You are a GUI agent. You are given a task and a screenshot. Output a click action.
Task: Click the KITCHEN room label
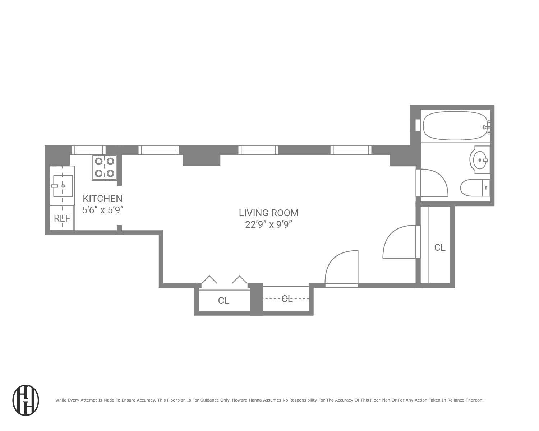pyautogui.click(x=102, y=198)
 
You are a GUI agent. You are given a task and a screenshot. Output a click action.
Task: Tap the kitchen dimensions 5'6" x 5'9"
pyautogui.click(x=103, y=210)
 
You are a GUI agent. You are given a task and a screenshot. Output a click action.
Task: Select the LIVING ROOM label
pyautogui.click(x=268, y=213)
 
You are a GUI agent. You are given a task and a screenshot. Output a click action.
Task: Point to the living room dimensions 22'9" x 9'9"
pyautogui.click(x=268, y=224)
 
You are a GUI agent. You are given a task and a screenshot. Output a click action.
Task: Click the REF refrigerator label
pyautogui.click(x=62, y=218)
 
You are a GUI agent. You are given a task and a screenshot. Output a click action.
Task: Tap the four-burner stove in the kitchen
pyautogui.click(x=104, y=167)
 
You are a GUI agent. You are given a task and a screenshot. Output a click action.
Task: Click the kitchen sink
pyautogui.click(x=63, y=186)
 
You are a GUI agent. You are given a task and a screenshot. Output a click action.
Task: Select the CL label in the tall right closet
pyautogui.click(x=440, y=247)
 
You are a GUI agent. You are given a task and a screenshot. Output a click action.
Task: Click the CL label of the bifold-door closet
pyautogui.click(x=224, y=301)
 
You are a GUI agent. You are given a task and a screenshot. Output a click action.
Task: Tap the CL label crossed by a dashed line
pyautogui.click(x=287, y=299)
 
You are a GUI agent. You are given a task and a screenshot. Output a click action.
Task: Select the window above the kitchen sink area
pyautogui.click(x=88, y=150)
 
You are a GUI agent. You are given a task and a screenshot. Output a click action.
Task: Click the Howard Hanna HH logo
pyautogui.click(x=26, y=400)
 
